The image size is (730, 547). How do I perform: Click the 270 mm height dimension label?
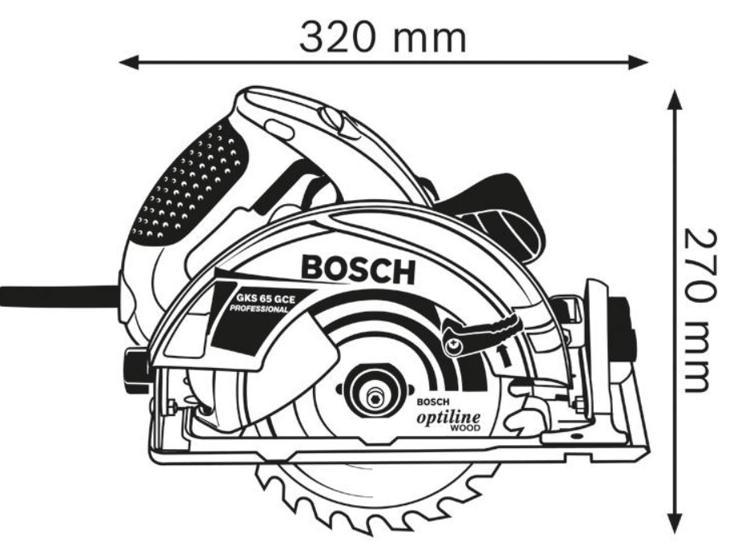699,310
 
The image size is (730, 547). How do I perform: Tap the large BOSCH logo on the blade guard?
358,269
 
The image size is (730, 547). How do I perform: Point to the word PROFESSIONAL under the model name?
259,308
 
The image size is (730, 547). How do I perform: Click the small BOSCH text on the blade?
433,402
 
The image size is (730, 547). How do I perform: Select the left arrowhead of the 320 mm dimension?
129,62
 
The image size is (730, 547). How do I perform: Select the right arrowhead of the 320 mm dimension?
638,62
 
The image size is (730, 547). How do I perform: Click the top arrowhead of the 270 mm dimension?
675,100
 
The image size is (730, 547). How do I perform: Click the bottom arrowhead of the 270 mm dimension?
675,522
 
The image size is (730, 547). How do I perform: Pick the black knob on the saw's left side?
135,365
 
